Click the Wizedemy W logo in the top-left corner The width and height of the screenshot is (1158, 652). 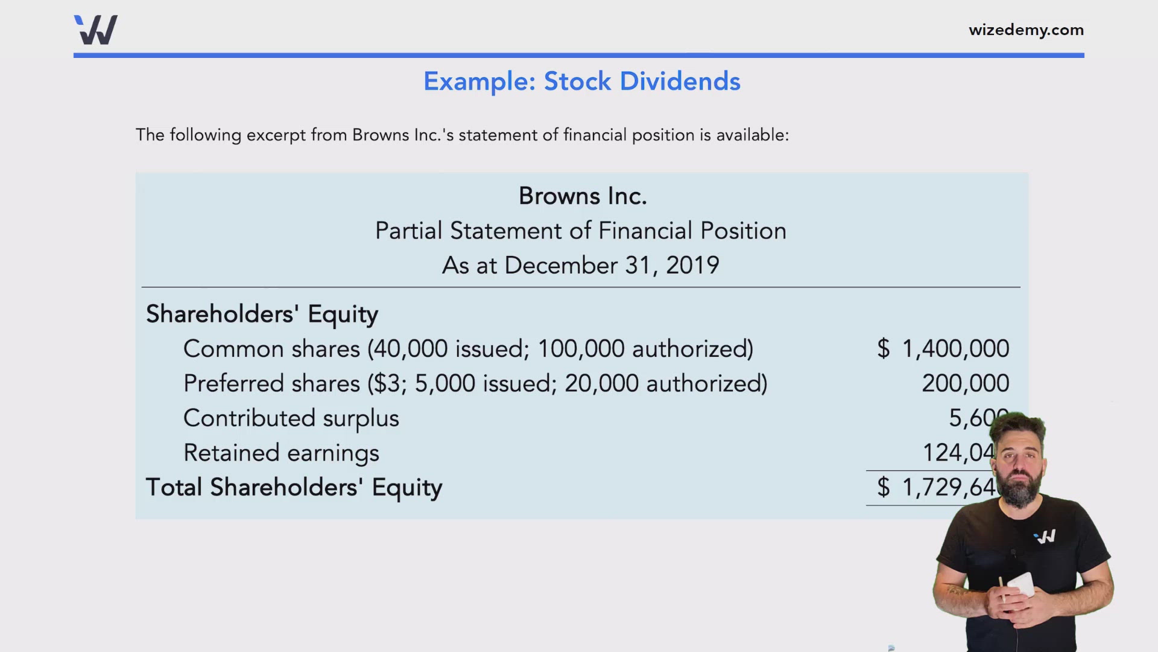96,30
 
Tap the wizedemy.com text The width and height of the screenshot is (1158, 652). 1026,30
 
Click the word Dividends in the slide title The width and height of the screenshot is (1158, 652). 680,81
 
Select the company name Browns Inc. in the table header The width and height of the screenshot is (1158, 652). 583,196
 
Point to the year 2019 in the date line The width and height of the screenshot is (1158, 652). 692,266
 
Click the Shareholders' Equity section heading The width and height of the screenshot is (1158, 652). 262,314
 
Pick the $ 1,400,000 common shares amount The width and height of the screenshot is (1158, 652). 943,349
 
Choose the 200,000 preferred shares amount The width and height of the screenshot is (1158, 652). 965,383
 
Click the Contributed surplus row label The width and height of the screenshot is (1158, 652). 291,418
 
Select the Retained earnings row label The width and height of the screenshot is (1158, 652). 281,453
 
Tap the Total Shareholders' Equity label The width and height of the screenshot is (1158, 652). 294,488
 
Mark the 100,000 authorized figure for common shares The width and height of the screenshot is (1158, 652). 581,349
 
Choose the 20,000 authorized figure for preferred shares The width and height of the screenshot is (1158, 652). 601,384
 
